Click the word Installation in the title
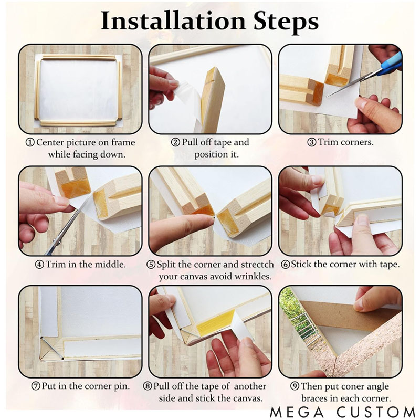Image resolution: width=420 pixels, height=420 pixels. [173, 20]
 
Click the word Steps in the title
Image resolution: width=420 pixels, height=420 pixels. [286, 22]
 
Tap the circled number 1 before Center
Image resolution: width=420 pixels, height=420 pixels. [30, 142]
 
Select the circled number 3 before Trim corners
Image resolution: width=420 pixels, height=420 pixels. [311, 142]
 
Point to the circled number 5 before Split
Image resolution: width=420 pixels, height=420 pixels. [151, 265]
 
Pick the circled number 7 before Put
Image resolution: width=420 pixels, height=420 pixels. [36, 386]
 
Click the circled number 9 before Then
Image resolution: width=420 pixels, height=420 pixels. [295, 386]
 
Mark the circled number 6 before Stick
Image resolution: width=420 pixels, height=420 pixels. [286, 265]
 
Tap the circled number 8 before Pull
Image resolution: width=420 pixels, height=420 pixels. [148, 386]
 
